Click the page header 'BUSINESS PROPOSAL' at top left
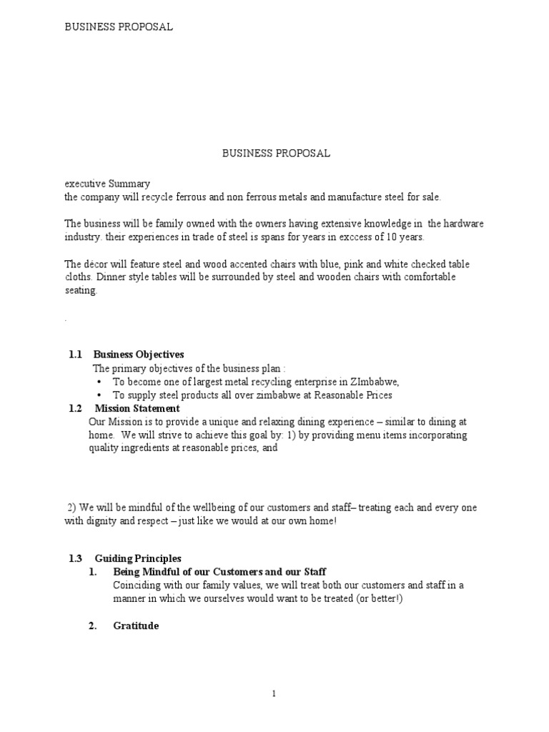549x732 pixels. (119, 27)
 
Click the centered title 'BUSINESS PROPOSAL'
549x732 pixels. (276, 153)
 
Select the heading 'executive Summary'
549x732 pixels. (107, 184)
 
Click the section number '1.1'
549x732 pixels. (76, 355)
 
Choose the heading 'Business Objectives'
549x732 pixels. (139, 355)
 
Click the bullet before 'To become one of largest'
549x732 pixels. (98, 382)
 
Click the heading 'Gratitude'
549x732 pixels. (136, 626)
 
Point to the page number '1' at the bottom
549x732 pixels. (274, 693)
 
